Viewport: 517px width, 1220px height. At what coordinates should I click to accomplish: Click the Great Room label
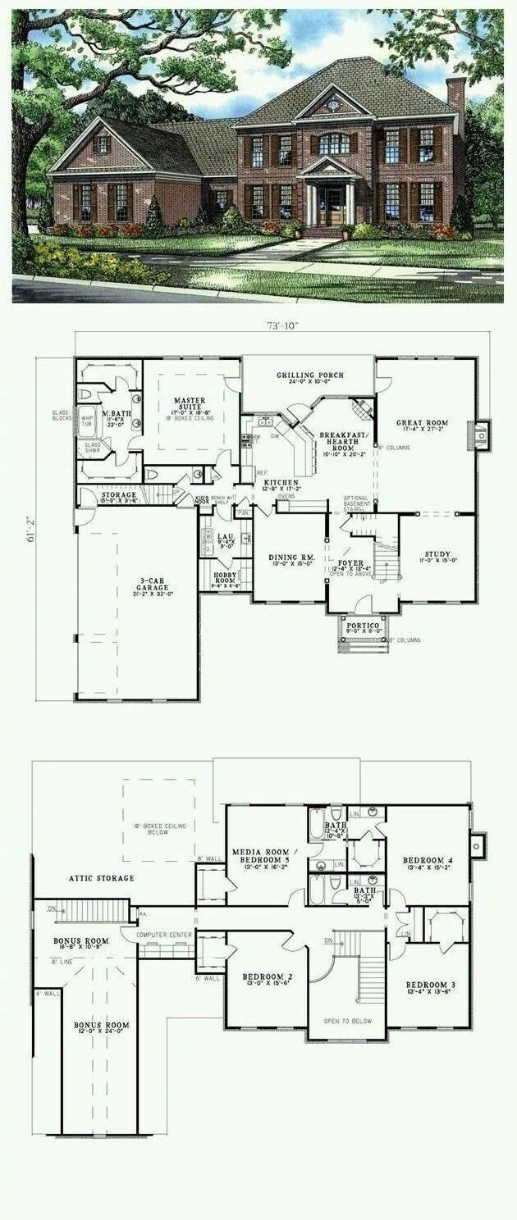tap(424, 424)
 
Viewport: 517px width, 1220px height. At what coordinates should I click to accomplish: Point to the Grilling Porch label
tap(309, 376)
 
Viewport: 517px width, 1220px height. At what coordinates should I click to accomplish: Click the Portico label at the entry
tap(363, 626)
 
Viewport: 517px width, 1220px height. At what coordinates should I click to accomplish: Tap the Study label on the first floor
tap(437, 554)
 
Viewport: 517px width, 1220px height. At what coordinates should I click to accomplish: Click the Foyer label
tap(351, 564)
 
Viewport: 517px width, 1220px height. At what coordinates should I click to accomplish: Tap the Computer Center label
tap(165, 935)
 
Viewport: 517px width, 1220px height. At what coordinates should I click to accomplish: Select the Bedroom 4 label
tap(428, 860)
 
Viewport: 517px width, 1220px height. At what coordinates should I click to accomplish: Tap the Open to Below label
tap(347, 1021)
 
